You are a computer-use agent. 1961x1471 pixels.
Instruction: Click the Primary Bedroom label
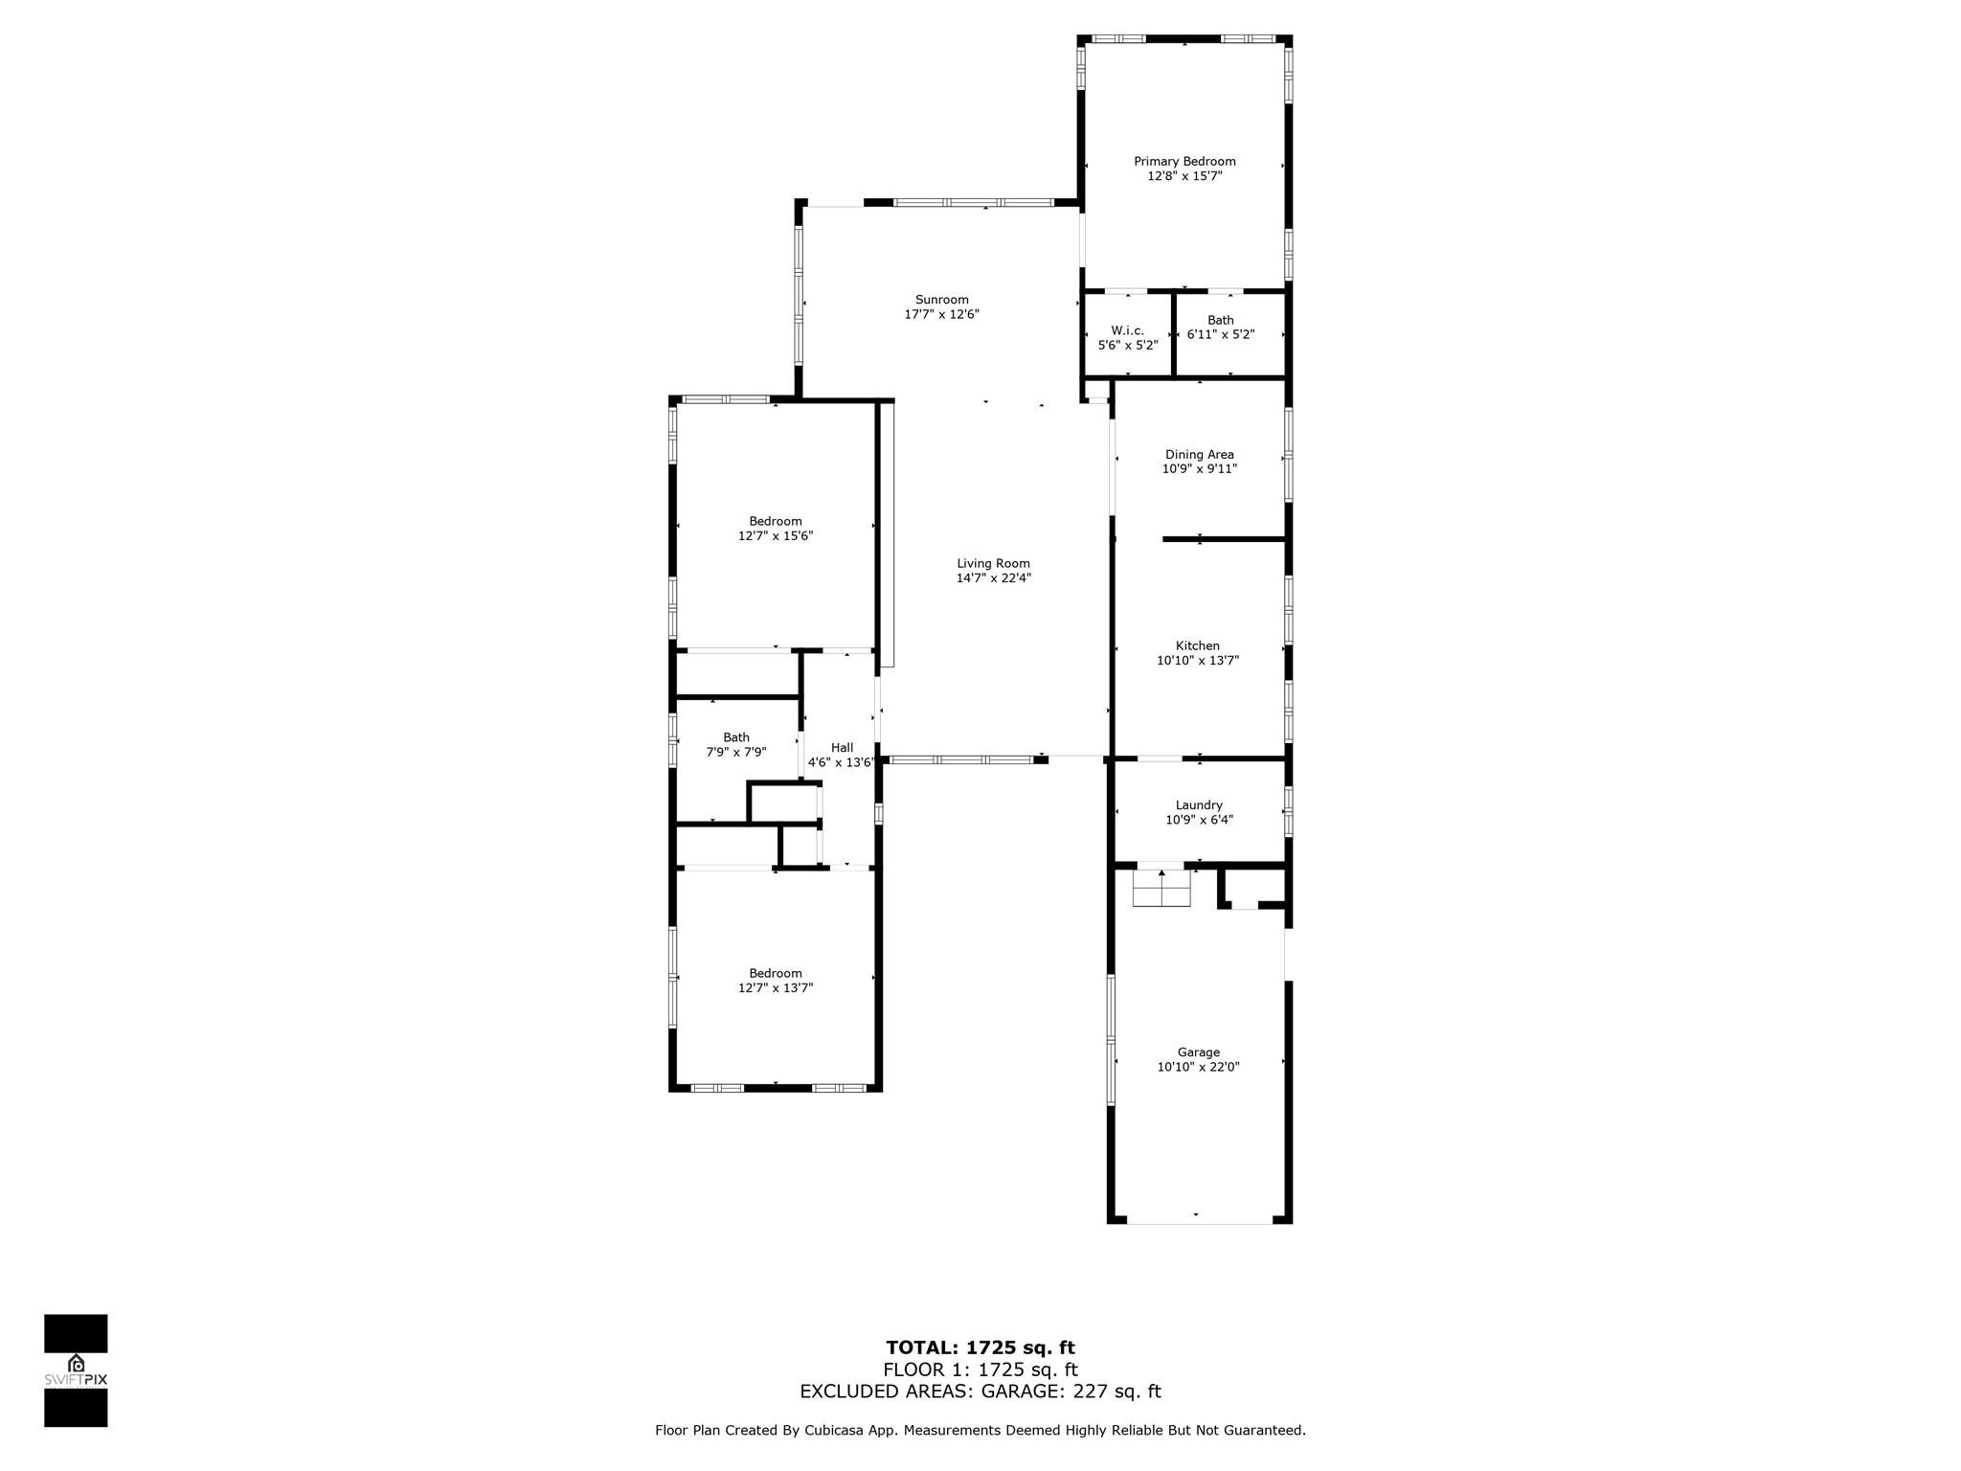point(1184,162)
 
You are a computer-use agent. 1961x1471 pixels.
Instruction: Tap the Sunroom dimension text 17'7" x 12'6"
point(941,314)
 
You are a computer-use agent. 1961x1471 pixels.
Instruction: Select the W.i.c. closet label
point(1127,330)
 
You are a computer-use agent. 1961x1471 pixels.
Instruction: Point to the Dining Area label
point(1199,455)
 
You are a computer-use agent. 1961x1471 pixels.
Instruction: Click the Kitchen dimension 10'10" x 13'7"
point(1198,660)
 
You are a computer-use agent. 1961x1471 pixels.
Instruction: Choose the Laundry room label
point(1199,805)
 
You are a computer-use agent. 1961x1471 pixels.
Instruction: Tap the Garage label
point(1199,1052)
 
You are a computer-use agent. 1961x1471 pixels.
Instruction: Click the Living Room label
point(993,564)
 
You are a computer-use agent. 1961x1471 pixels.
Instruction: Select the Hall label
point(842,748)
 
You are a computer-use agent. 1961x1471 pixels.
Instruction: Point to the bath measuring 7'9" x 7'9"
point(735,737)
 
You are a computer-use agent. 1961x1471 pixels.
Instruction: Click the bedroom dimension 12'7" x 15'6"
point(776,536)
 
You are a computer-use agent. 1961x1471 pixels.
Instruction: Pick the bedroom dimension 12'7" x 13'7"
point(776,988)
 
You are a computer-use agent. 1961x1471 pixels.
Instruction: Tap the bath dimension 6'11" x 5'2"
point(1221,335)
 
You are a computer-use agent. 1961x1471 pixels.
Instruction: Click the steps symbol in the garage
point(1161,888)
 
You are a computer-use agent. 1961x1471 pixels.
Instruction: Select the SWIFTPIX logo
point(76,1371)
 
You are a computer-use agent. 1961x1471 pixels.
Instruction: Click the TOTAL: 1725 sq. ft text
point(980,1348)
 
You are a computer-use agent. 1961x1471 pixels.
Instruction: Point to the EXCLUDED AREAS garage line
point(980,1392)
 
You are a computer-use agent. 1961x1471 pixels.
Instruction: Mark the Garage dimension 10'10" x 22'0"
point(1198,1067)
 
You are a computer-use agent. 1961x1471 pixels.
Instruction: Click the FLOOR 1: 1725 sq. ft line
point(980,1370)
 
